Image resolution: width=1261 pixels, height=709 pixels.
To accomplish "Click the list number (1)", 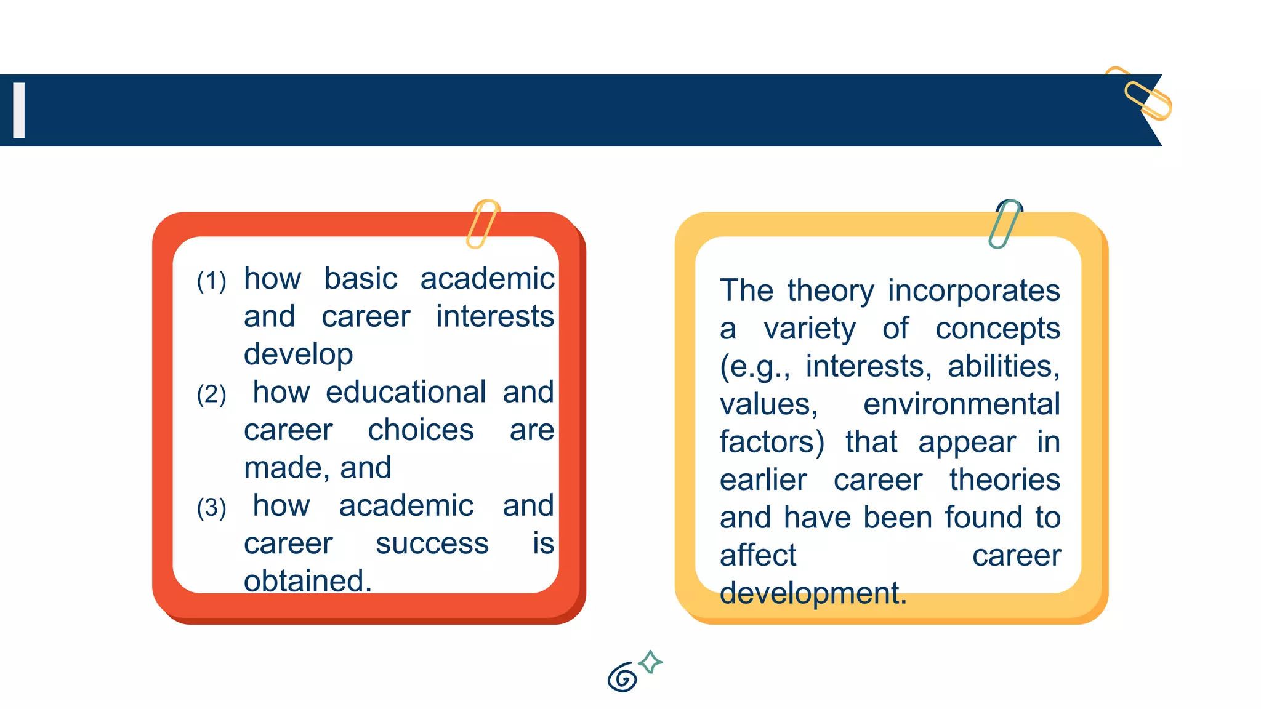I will pos(211,281).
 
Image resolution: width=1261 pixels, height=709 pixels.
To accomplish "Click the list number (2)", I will pos(211,394).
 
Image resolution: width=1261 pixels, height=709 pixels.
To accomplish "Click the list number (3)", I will pos(211,508).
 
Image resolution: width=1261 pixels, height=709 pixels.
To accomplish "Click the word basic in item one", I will pos(360,278).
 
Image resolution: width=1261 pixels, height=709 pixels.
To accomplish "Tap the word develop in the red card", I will pos(298,354).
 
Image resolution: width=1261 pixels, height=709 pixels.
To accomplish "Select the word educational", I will pos(406,392).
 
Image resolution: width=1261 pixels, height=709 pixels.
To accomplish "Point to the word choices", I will pos(421,430).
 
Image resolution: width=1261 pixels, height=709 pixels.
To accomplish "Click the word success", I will pos(432,543).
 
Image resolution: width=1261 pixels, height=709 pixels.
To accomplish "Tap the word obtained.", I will pos(307,581).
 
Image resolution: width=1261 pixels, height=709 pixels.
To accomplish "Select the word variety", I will pos(809,329).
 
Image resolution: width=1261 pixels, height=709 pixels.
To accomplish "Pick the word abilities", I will pos(1003,366).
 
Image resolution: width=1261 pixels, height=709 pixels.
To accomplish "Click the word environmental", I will pos(961,404).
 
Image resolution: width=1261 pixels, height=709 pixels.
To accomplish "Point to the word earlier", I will pos(763,479).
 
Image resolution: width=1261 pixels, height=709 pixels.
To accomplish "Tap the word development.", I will pos(813,593).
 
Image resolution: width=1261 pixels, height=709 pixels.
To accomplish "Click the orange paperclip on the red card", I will pos(483,224).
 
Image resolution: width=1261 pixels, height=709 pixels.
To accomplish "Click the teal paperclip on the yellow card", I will pos(1005,224).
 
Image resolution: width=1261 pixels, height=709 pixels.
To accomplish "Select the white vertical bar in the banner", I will pos(19,110).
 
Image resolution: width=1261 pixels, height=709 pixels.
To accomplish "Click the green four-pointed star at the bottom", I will pos(650,662).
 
